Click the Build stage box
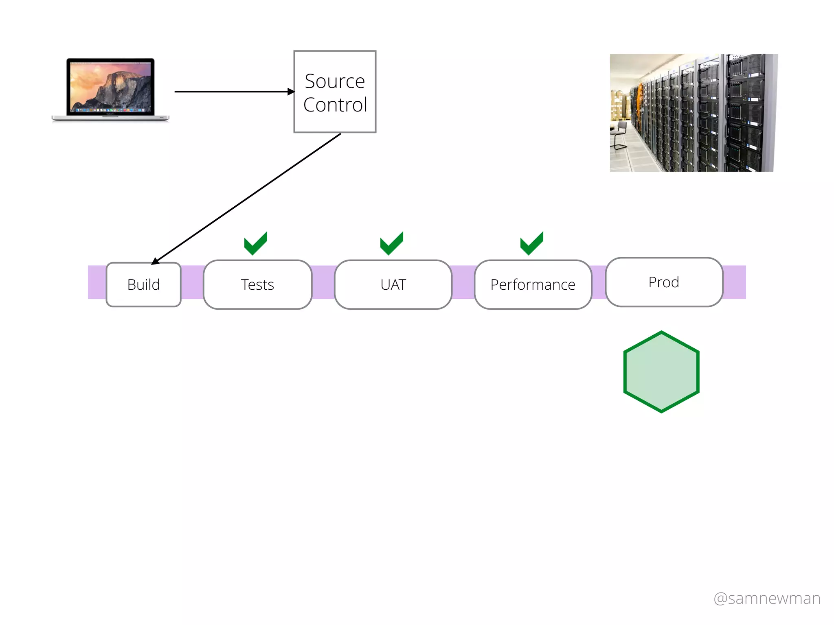click(x=143, y=284)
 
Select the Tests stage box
click(x=257, y=284)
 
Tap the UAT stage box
click(x=393, y=284)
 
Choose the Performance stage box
click(x=533, y=284)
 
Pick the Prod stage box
click(x=664, y=282)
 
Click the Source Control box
click(x=335, y=92)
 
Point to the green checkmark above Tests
click(x=255, y=243)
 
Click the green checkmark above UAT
click(x=391, y=243)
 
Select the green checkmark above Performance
click(x=531, y=243)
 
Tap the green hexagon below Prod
click(x=661, y=372)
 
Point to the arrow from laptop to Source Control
click(x=232, y=92)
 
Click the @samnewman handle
click(x=767, y=598)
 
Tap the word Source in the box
click(x=335, y=81)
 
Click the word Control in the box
click(x=335, y=105)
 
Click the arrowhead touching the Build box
click(x=155, y=261)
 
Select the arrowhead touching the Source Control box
click(x=291, y=92)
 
